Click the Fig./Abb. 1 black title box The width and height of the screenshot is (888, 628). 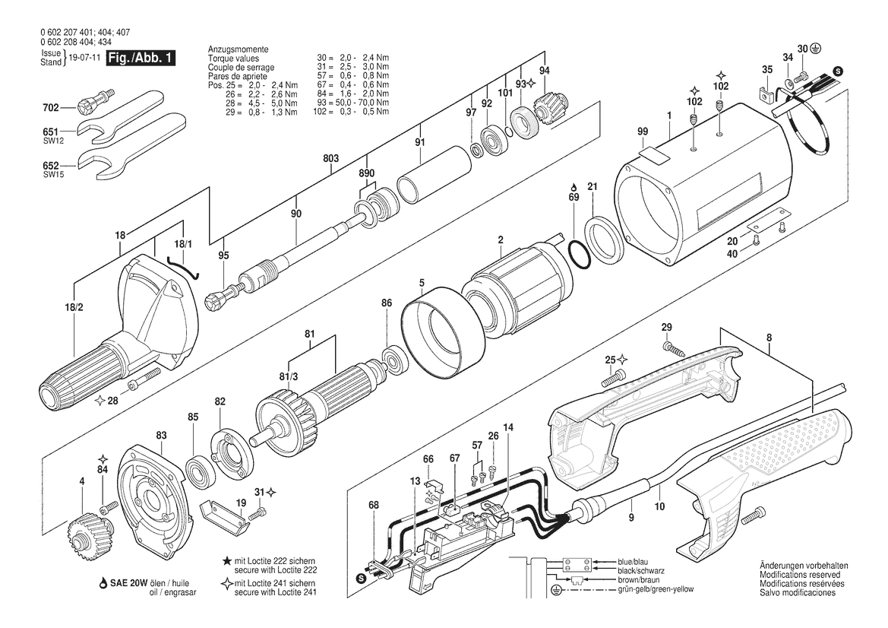(x=141, y=59)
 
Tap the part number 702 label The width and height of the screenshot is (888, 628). (x=50, y=107)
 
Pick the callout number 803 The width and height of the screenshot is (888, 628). (x=331, y=159)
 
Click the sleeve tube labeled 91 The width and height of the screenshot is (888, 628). (x=434, y=174)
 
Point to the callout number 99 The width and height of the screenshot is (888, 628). (x=642, y=132)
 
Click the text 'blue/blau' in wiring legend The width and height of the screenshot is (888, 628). (x=634, y=562)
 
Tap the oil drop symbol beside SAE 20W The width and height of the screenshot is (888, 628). (x=103, y=583)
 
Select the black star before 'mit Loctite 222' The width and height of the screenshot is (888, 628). (x=227, y=561)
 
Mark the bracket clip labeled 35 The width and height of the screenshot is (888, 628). (x=766, y=94)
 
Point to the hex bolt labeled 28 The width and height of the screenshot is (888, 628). (x=145, y=378)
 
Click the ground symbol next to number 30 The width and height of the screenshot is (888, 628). (x=817, y=49)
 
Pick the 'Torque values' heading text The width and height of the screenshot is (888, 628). (x=233, y=59)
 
